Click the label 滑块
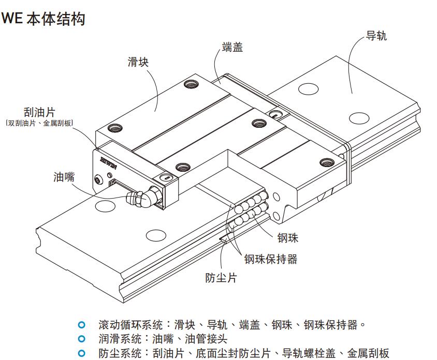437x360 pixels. [x=138, y=62]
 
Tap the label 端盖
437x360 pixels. [x=232, y=47]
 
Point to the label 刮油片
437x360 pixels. [x=39, y=112]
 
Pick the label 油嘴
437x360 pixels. [x=64, y=177]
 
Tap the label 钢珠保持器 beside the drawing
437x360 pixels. [x=271, y=259]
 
